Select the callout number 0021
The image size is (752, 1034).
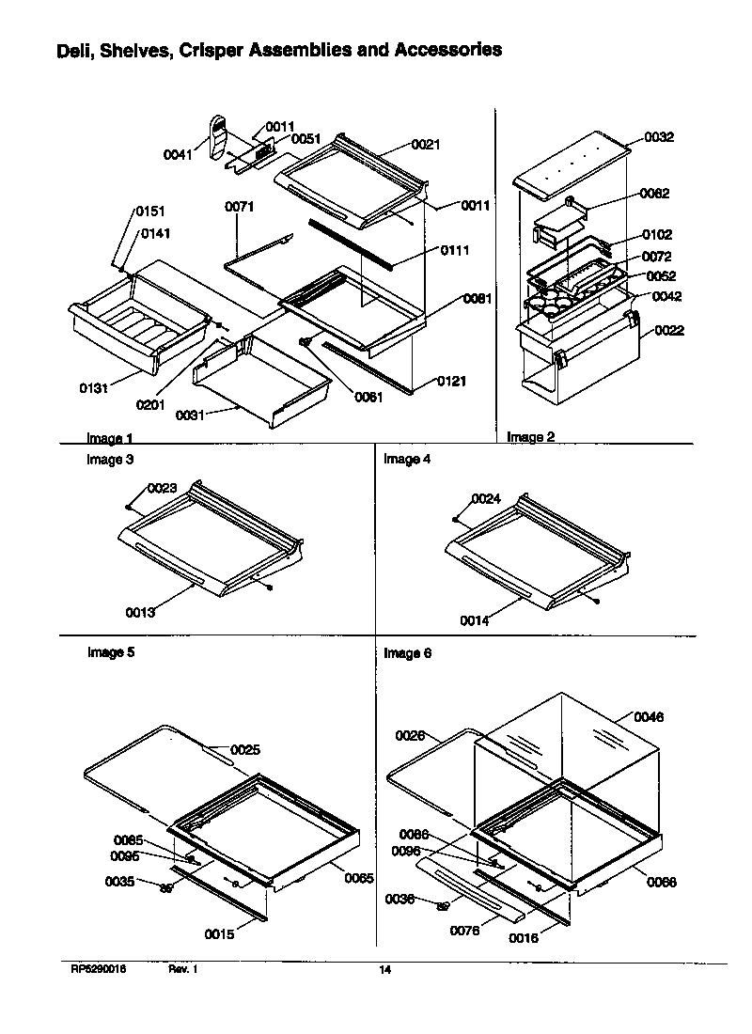(x=425, y=144)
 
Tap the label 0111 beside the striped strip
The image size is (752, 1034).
(x=455, y=250)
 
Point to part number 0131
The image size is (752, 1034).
(x=93, y=387)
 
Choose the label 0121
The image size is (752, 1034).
(x=451, y=382)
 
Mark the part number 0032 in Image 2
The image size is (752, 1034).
(x=659, y=137)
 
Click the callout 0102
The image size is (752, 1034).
(x=657, y=234)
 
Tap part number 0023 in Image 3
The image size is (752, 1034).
(x=162, y=488)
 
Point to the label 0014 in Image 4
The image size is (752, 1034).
(x=475, y=620)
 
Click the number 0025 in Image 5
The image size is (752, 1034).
(x=245, y=749)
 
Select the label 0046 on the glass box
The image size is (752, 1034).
(x=648, y=716)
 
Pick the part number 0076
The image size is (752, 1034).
(x=464, y=931)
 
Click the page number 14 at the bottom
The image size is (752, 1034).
(x=384, y=971)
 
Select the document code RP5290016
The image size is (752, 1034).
(x=99, y=970)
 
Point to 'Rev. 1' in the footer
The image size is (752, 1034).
(x=182, y=970)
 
